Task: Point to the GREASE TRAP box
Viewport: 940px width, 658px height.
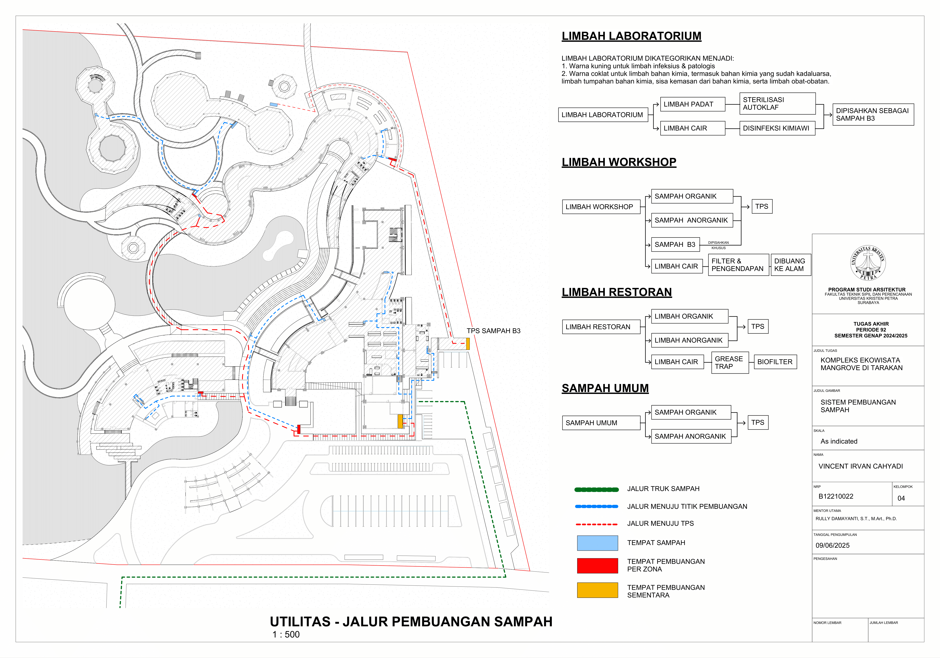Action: click(730, 363)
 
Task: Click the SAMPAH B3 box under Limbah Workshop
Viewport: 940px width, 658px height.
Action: click(675, 244)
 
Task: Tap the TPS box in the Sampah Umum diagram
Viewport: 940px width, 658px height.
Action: click(757, 422)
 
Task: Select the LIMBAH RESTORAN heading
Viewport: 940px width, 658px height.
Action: click(617, 292)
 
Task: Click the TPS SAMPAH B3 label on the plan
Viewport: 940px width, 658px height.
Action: click(493, 331)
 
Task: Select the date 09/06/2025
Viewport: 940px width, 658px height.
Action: click(832, 545)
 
